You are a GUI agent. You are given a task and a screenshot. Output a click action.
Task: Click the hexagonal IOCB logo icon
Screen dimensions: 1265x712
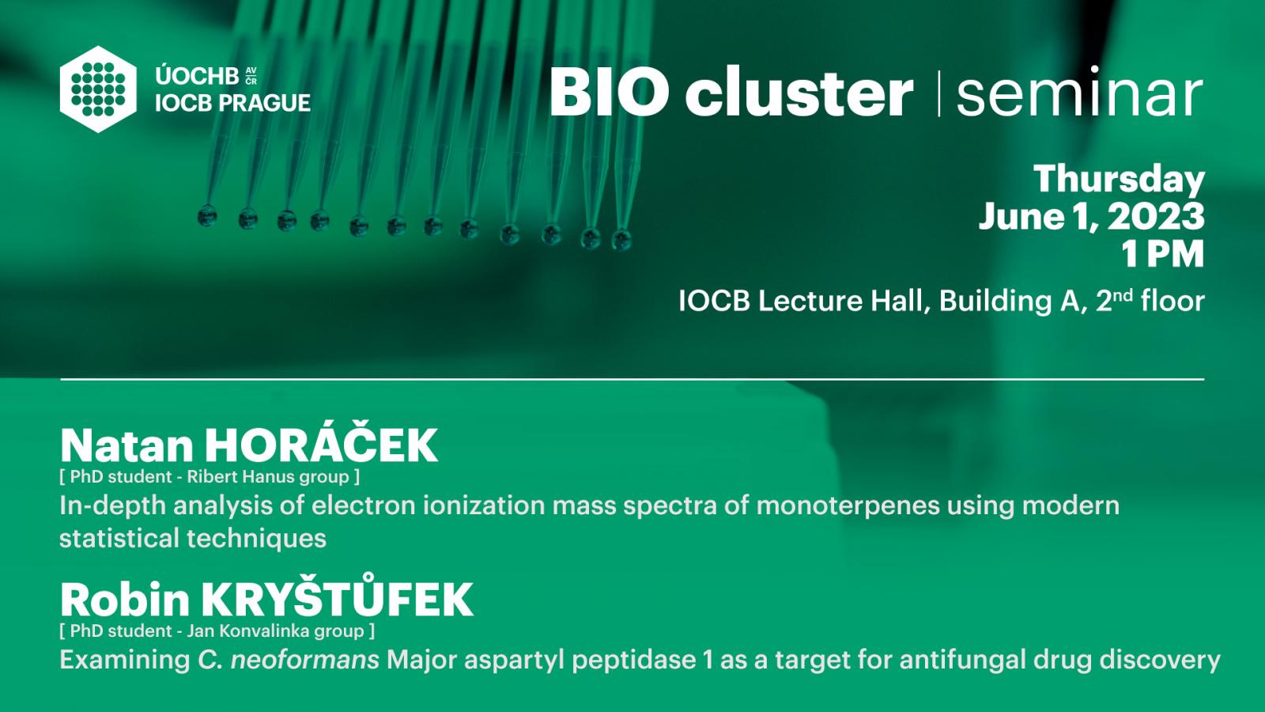98,89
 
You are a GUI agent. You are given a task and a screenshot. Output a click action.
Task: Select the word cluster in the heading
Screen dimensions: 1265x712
799,92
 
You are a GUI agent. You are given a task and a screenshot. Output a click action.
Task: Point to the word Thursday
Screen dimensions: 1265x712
1120,179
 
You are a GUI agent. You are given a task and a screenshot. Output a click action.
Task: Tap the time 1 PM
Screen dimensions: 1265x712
1163,254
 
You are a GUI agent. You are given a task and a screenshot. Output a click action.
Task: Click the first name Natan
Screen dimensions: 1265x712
127,446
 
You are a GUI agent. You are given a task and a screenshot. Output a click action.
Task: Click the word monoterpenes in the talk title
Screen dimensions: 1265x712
848,506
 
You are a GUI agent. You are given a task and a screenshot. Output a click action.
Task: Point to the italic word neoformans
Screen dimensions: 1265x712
305,660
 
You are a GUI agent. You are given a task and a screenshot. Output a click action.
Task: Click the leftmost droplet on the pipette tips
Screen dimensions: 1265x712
207,216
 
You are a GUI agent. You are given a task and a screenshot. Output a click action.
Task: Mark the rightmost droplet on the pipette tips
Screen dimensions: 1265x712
621,240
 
